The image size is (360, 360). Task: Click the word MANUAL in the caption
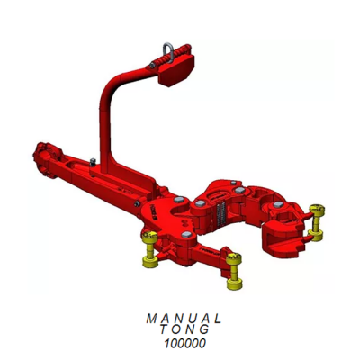[183, 319]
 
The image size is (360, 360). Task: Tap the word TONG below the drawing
[183, 330]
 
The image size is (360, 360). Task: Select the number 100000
[183, 343]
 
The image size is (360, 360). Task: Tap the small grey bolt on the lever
[94, 163]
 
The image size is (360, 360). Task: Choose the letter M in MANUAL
[148, 319]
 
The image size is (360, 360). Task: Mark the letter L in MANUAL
[217, 319]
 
